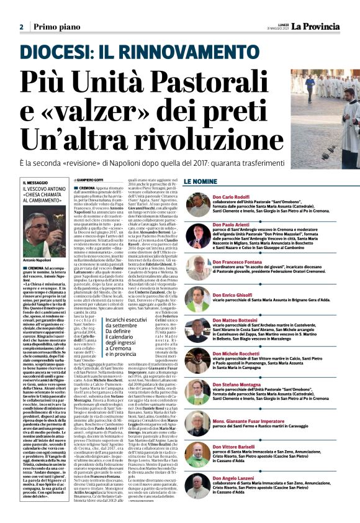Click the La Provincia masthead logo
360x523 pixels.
coord(322,26)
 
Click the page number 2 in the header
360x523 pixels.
coord(21,27)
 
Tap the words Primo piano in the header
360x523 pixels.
coord(56,27)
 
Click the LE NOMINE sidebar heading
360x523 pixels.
coord(200,181)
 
